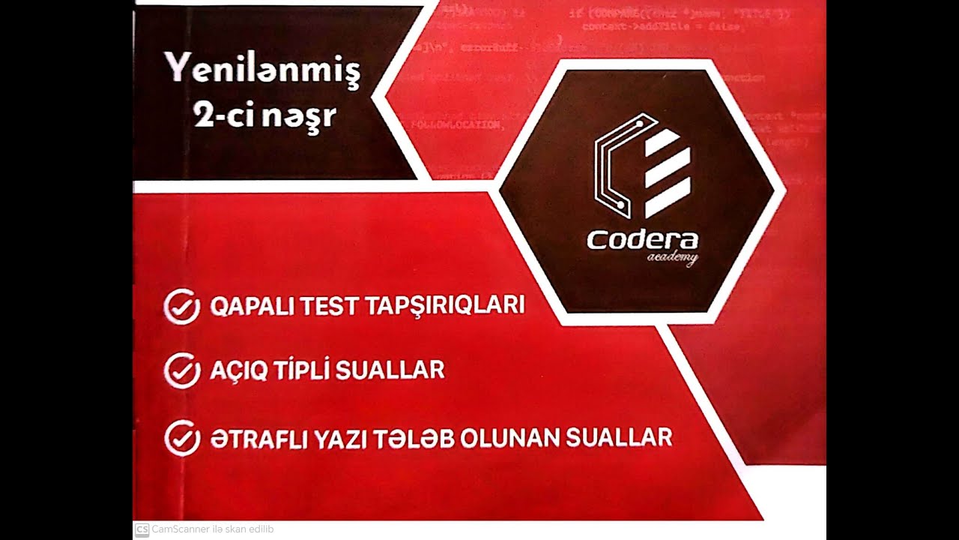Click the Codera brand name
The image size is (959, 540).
click(642, 241)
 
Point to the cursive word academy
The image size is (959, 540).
click(671, 259)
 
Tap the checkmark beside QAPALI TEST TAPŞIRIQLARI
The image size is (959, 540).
click(181, 307)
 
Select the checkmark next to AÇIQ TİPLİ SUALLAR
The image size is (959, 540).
click(181, 370)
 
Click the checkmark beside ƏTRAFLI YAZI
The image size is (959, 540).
click(181, 438)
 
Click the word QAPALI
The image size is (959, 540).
click(251, 306)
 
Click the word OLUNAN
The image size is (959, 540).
click(509, 437)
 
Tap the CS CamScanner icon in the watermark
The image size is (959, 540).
click(142, 529)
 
